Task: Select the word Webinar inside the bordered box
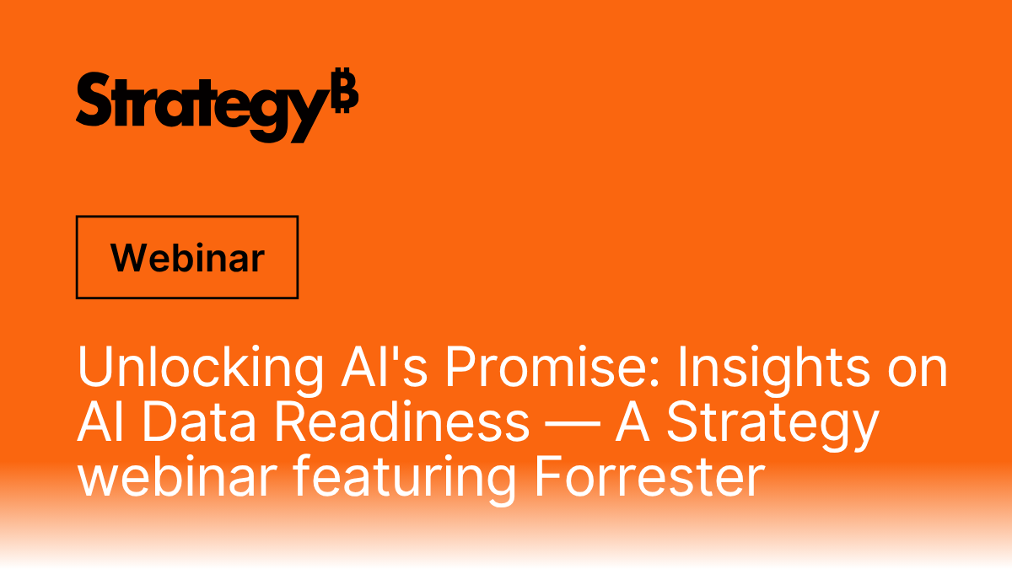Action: click(187, 257)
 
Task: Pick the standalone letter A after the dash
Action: click(634, 421)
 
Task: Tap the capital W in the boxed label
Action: click(126, 257)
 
